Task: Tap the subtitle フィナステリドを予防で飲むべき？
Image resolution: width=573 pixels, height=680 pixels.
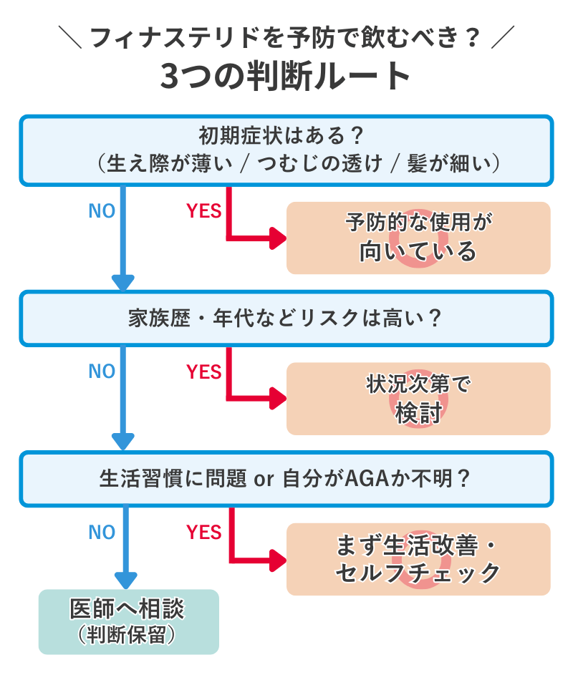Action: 286,36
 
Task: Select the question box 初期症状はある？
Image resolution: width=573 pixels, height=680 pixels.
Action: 286,150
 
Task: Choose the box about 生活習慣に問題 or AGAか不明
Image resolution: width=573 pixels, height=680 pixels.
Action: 286,478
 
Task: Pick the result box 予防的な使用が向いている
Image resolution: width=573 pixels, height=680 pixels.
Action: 418,238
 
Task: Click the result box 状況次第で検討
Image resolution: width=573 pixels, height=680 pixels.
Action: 418,399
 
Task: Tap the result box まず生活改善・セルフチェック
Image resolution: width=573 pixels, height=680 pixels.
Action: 418,559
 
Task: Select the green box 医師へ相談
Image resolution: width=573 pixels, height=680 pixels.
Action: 128,621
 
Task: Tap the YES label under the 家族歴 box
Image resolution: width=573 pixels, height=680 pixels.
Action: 204,372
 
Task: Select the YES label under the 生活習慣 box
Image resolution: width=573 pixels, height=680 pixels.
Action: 204,533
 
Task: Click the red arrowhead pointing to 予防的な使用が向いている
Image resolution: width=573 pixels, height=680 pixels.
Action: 278,238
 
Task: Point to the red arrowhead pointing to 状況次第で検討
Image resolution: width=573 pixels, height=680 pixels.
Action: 278,399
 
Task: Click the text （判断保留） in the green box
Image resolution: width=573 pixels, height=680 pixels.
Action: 128,635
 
